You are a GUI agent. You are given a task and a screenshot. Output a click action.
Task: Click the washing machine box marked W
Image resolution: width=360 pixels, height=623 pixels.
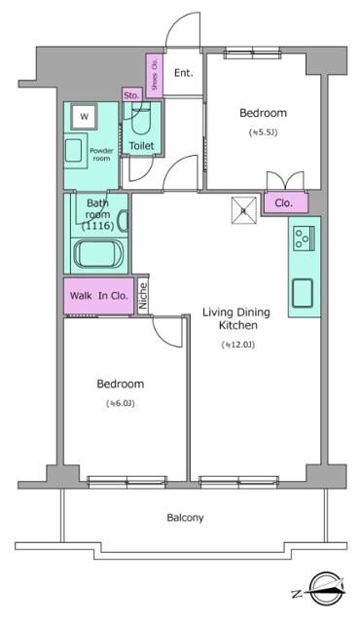84,117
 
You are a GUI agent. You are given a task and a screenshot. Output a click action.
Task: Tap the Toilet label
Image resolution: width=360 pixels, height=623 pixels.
141,146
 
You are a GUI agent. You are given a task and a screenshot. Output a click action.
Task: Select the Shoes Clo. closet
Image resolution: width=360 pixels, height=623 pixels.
155,76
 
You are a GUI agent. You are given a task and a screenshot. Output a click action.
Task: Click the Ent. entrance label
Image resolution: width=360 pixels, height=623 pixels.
183,73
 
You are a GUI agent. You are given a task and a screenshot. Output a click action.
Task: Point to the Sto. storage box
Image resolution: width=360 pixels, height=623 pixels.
131,95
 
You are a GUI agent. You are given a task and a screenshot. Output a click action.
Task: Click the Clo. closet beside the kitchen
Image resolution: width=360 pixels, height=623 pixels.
286,202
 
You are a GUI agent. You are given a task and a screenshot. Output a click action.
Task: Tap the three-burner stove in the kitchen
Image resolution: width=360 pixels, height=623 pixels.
304,238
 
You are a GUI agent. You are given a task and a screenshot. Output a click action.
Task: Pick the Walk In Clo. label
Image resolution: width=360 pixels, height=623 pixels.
99,296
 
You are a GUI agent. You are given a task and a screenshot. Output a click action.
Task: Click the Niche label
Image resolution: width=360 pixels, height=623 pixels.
143,296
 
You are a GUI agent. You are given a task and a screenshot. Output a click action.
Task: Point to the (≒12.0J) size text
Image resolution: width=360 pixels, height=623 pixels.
237,345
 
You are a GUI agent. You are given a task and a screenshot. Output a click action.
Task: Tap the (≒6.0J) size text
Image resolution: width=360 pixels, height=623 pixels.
121,403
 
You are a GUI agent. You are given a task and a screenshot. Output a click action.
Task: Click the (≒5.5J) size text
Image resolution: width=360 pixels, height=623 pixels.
263,132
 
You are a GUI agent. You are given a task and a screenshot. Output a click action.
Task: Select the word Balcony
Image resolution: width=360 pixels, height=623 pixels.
185,518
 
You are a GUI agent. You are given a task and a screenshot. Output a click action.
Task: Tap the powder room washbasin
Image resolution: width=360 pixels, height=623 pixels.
74,151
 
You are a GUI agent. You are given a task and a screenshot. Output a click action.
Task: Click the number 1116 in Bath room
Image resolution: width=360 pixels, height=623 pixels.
98,226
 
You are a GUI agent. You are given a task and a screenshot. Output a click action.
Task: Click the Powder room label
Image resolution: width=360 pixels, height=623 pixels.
101,154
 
